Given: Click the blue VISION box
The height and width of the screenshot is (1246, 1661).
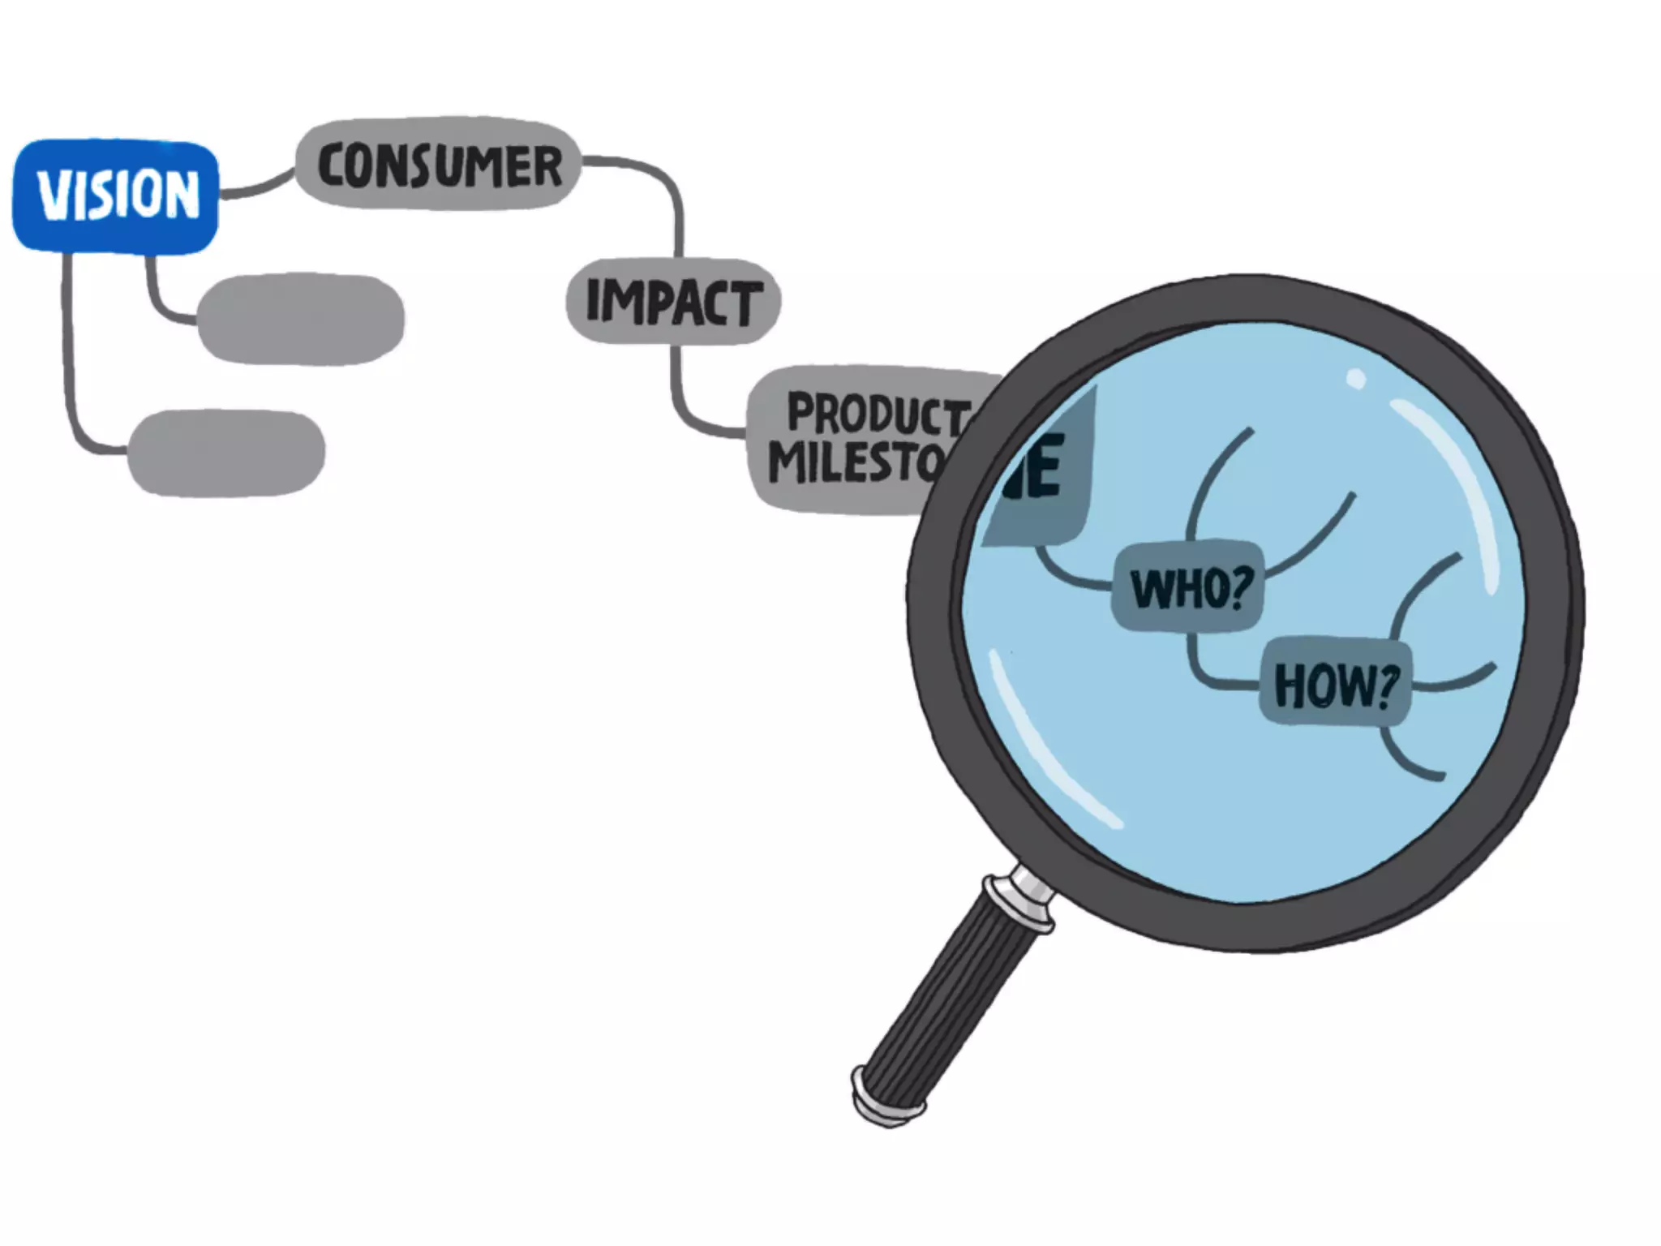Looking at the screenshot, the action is [115, 195].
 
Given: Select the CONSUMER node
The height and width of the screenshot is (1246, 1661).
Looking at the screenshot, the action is [439, 165].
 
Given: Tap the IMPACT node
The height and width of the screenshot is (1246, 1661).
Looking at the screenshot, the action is [673, 301].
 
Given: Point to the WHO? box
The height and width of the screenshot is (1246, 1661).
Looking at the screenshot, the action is [1187, 588].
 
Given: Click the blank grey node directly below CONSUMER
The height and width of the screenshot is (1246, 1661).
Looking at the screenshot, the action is [301, 319].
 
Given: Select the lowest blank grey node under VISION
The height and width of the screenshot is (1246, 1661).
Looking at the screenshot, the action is [227, 452].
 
